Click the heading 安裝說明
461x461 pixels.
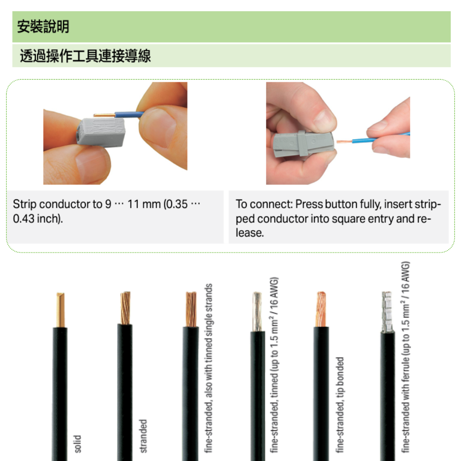[43, 26]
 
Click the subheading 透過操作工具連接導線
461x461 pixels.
[85, 55]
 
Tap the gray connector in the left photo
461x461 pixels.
[101, 132]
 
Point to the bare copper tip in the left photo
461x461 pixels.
[104, 115]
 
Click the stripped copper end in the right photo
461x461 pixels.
[344, 142]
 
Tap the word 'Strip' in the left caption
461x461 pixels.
[24, 204]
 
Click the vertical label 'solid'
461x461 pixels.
[77, 443]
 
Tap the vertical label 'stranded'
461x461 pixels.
[143, 436]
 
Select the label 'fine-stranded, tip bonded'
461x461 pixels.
[340, 405]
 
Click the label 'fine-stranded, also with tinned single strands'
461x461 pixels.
[208, 368]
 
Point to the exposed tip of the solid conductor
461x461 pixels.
[60, 309]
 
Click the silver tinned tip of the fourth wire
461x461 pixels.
[257, 311]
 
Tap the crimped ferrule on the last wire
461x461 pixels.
[387, 312]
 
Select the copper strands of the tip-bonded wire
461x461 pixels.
[321, 309]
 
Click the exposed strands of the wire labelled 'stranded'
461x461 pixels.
[125, 308]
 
